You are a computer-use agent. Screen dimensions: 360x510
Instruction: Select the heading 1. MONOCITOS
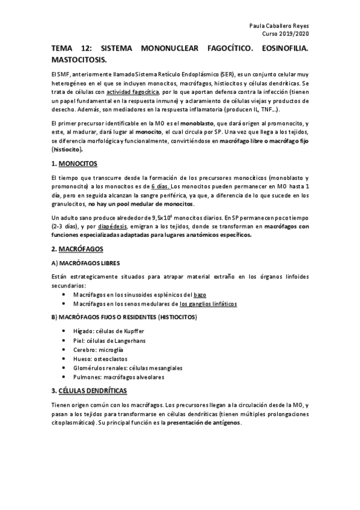coord(75,164)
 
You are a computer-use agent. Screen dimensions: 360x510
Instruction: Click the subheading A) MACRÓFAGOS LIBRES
coord(85,263)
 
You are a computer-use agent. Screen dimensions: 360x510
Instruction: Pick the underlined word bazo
coord(200,295)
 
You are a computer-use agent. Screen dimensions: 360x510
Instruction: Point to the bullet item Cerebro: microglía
coord(99,350)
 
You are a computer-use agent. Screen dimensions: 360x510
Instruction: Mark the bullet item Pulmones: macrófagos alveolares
coord(118,377)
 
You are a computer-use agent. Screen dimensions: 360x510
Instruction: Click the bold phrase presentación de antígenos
coord(204,423)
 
